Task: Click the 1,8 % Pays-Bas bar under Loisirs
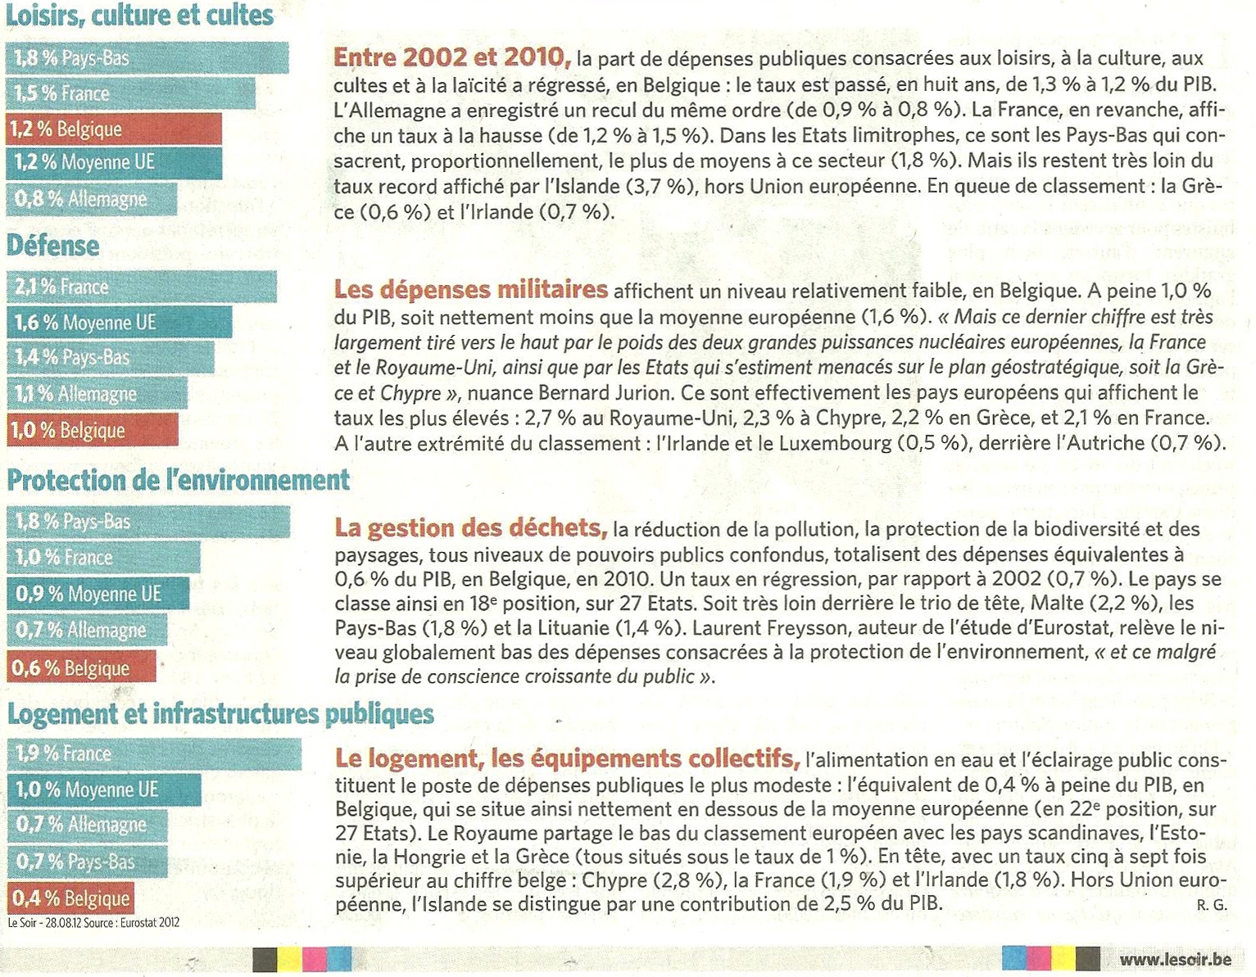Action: [x=147, y=58]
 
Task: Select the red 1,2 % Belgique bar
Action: [x=114, y=129]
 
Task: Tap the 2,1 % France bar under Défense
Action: [x=142, y=287]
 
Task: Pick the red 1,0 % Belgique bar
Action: [x=93, y=430]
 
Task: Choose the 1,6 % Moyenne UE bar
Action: [x=120, y=323]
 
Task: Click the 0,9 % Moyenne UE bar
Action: [x=98, y=594]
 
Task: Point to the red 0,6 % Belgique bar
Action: [x=81, y=667]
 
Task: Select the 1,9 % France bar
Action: [x=154, y=753]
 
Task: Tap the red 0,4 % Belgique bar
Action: [x=70, y=898]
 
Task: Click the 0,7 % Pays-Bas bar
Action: [x=87, y=862]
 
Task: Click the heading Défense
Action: [x=53, y=245]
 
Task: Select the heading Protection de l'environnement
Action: [x=179, y=480]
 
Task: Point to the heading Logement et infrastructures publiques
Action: [x=220, y=714]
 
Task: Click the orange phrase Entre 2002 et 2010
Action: [x=451, y=57]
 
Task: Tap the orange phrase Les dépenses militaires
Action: [x=471, y=289]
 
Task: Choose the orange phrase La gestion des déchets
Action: [x=471, y=527]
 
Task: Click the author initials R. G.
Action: [x=1211, y=905]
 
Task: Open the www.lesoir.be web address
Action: [x=1175, y=959]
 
